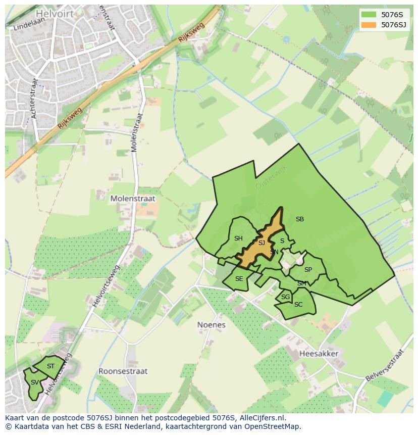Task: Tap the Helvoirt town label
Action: click(55, 14)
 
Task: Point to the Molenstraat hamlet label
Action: click(133, 199)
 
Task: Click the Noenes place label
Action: click(211, 325)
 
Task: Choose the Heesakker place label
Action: click(319, 354)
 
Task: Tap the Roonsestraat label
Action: click(123, 371)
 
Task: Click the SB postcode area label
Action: click(300, 219)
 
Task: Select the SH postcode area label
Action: click(238, 238)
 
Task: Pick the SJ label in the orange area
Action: click(262, 243)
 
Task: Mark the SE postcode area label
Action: click(239, 279)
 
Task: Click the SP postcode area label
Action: click(308, 270)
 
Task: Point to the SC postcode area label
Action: click(298, 305)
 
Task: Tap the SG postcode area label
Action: click(286, 297)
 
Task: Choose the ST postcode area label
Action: click(50, 366)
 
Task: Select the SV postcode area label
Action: click(34, 382)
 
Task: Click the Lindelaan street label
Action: click(26, 25)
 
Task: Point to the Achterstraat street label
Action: click(34, 99)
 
